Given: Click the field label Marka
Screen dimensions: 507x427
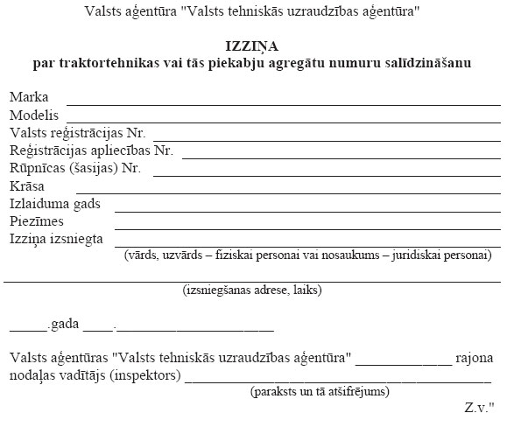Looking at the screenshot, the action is pyautogui.click(x=29, y=97).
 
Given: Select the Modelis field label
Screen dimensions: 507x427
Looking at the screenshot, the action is pyautogui.click(x=34, y=115).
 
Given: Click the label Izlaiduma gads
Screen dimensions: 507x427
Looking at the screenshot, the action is pyautogui.click(x=55, y=204).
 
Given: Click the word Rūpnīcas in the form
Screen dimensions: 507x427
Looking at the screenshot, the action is pyautogui.click(x=37, y=168).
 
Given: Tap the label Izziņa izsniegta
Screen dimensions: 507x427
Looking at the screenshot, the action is pyautogui.click(x=57, y=239).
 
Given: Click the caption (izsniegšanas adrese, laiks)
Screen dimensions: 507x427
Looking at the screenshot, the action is pyautogui.click(x=252, y=290).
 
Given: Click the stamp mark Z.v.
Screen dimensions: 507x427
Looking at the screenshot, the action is pyautogui.click(x=478, y=408).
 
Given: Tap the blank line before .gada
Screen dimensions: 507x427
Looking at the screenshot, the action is pyautogui.click(x=27, y=331).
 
